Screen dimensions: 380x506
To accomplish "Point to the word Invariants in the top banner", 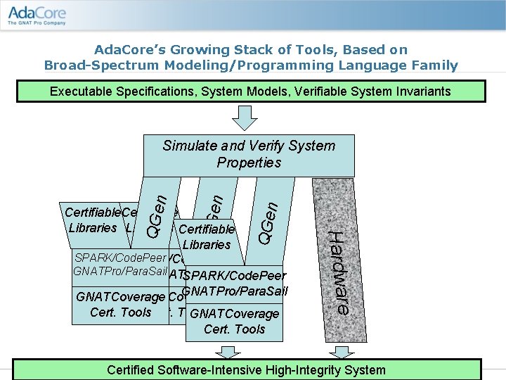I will (420, 91).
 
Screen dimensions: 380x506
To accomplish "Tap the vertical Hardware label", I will (339, 272).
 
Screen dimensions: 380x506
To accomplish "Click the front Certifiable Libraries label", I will (207, 236).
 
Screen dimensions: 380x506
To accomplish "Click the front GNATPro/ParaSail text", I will (235, 291).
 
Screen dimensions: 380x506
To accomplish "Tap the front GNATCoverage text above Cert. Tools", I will (234, 314).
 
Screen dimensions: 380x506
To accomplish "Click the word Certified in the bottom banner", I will (136, 370).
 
